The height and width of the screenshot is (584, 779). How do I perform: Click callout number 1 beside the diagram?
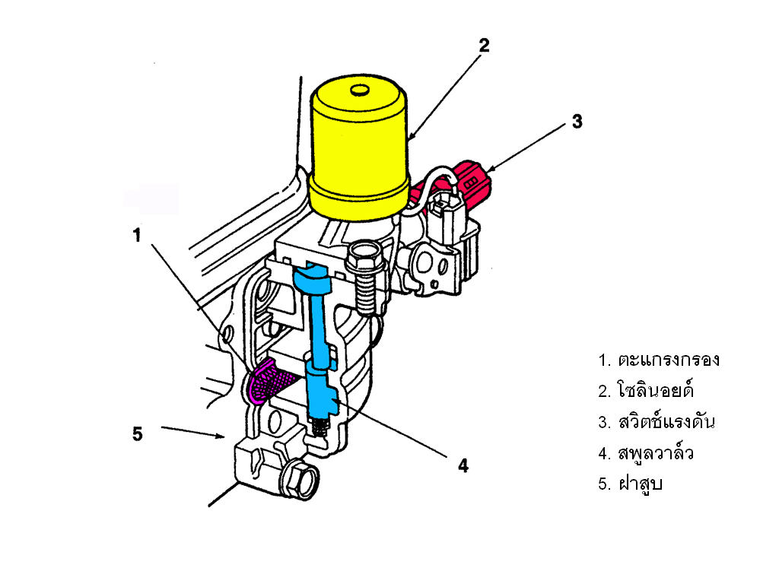pyautogui.click(x=137, y=235)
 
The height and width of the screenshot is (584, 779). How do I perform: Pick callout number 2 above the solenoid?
pyautogui.click(x=484, y=46)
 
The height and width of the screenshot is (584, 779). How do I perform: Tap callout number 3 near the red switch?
pyautogui.click(x=577, y=121)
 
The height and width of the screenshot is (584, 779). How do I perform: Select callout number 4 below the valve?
pyautogui.click(x=463, y=466)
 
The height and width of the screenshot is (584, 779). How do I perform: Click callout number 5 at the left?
pyautogui.click(x=138, y=434)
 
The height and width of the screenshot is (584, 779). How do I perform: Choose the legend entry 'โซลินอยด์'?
pyautogui.click(x=655, y=390)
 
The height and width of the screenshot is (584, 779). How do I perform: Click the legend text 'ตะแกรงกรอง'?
pyautogui.click(x=669, y=360)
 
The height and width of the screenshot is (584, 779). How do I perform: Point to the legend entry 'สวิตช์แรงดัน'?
pyautogui.click(x=666, y=421)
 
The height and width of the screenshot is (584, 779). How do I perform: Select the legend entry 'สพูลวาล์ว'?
pyautogui.click(x=655, y=453)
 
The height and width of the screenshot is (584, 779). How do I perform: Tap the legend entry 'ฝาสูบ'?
pyautogui.click(x=640, y=483)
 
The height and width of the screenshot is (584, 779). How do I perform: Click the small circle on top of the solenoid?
pyautogui.click(x=359, y=90)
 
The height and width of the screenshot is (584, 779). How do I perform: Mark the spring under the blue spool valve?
pyautogui.click(x=318, y=427)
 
